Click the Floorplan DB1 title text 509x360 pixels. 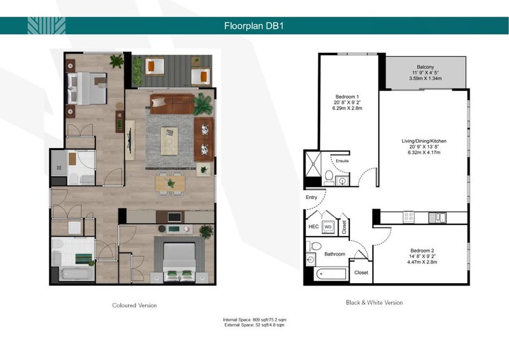pyautogui.click(x=254, y=25)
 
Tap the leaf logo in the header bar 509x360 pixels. pyautogui.click(x=46, y=25)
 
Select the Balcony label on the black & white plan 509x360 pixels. pyautogui.click(x=425, y=67)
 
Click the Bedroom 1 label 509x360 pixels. pyautogui.click(x=347, y=97)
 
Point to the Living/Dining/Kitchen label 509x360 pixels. pyautogui.click(x=424, y=141)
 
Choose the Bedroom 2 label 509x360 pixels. pyautogui.click(x=422, y=251)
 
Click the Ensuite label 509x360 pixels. pyautogui.click(x=342, y=161)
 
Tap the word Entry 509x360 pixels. pyautogui.click(x=311, y=197)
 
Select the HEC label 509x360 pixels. pyautogui.click(x=313, y=226)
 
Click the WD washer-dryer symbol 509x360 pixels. pyautogui.click(x=328, y=227)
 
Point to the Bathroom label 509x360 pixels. pyautogui.click(x=335, y=254)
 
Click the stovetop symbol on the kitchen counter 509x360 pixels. pyautogui.click(x=408, y=217)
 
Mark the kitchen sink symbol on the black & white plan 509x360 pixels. pyautogui.click(x=437, y=217)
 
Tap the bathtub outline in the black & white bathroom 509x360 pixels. pyautogui.click(x=331, y=274)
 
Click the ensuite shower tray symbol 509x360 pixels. pyautogui.click(x=313, y=164)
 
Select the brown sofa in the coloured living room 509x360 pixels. pyautogui.click(x=172, y=104)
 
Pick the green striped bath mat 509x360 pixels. pyautogui.click(x=84, y=259)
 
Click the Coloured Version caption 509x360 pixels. pyautogui.click(x=134, y=305)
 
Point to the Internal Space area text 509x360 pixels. pyautogui.click(x=254, y=320)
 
